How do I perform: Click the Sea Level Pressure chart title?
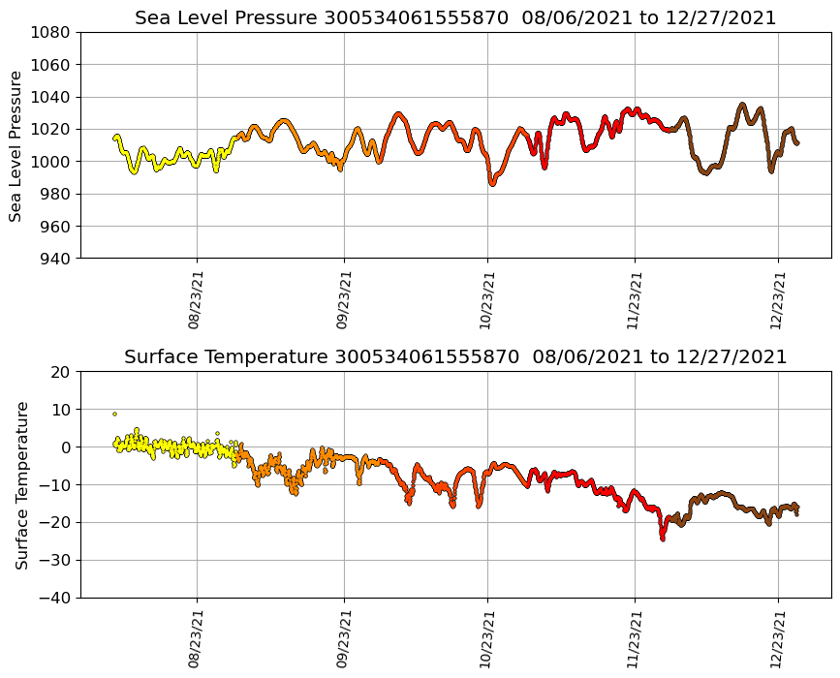(455, 18)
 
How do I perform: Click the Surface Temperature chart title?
(455, 357)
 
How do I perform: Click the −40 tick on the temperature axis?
(54, 598)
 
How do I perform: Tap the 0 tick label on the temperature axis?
(67, 447)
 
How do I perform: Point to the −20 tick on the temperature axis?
(54, 523)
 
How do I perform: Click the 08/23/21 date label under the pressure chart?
(195, 301)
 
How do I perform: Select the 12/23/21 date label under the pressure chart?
(776, 301)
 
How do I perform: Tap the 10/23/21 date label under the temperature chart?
(485, 640)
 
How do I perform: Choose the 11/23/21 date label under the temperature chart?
(633, 640)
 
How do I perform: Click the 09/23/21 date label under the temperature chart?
(342, 640)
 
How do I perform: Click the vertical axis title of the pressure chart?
(16, 145)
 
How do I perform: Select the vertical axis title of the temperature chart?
(21, 484)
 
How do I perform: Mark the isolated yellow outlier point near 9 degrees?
(114, 414)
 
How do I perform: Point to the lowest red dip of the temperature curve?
(663, 538)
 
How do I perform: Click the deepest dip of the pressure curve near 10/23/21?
(492, 182)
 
